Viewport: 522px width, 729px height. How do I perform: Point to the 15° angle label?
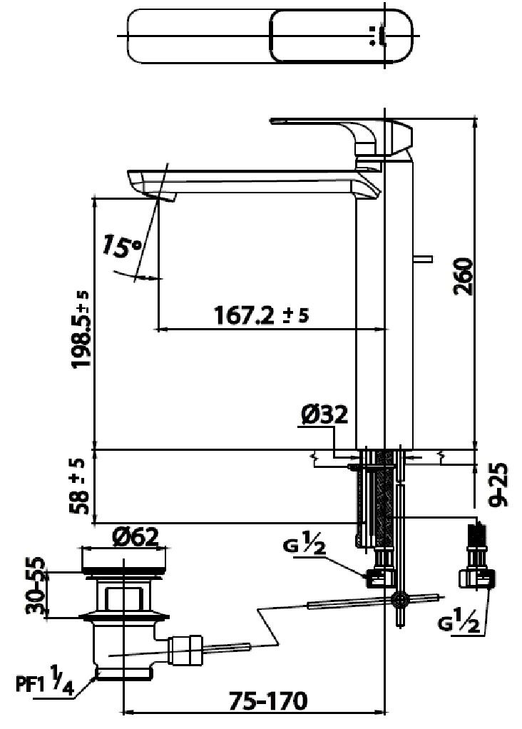click(121, 247)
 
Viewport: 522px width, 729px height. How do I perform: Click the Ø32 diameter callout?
click(324, 415)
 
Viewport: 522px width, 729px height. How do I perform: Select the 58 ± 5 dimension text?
click(81, 486)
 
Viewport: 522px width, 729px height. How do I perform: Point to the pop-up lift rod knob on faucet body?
click(425, 258)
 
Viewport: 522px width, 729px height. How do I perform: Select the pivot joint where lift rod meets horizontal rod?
click(400, 599)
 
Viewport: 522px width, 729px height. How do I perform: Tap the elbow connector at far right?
click(477, 577)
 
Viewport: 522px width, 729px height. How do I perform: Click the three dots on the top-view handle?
click(374, 35)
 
